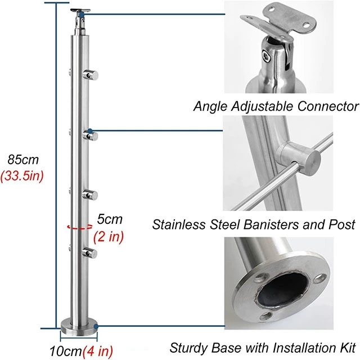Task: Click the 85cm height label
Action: click(x=23, y=160)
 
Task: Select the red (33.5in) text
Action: click(x=22, y=176)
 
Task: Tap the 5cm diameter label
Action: click(x=110, y=219)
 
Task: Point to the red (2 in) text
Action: click(x=109, y=236)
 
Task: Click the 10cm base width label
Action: click(x=66, y=351)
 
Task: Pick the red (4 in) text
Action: click(x=98, y=351)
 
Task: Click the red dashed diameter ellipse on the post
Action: click(x=80, y=227)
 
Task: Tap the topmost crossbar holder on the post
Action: click(x=91, y=75)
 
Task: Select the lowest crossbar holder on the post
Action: click(x=89, y=253)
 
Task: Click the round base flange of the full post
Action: click(x=79, y=327)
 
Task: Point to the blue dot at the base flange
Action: click(x=96, y=326)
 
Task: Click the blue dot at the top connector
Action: click(x=82, y=15)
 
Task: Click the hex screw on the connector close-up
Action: click(x=267, y=56)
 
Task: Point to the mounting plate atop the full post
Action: click(x=80, y=10)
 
